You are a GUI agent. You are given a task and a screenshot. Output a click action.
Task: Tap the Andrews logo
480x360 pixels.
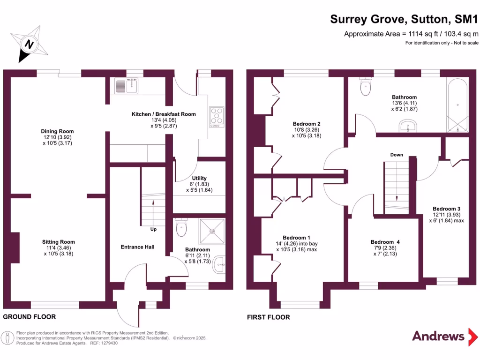pos(438,336)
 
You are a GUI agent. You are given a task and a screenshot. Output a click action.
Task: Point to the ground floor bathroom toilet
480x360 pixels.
pos(181,228)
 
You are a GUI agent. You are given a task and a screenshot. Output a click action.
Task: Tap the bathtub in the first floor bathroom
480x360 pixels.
pos(457,106)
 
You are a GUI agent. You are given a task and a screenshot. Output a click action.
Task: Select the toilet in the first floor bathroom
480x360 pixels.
pos(365,86)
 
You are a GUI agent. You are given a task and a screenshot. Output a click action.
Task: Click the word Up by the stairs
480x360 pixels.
pos(153,230)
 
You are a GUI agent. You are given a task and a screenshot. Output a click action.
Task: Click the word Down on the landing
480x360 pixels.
pos(397,155)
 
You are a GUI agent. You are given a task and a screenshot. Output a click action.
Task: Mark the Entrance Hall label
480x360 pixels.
pos(137,247)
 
